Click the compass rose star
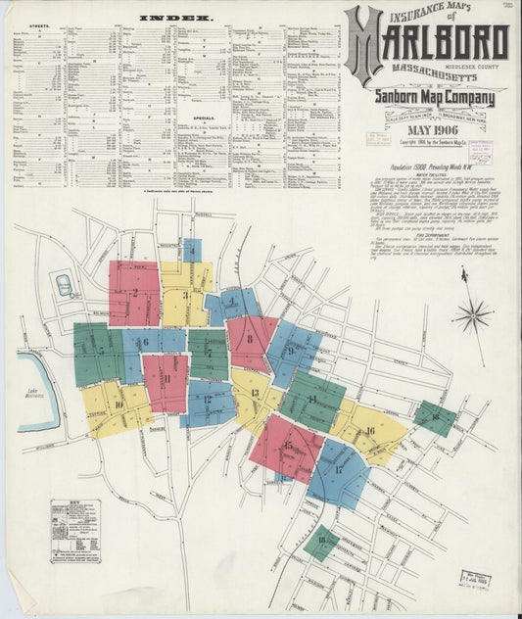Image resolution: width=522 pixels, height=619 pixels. [x=472, y=315]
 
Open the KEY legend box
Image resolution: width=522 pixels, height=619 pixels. [x=74, y=530]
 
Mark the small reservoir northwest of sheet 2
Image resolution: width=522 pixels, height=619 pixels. [x=64, y=286]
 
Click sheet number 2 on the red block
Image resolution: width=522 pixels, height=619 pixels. [x=134, y=292]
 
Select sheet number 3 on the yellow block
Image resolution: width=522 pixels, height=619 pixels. [x=184, y=294]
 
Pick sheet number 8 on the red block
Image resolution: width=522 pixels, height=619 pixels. [x=251, y=339]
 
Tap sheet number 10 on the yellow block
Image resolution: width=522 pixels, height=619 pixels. [x=119, y=404]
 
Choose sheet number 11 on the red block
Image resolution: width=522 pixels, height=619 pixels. [x=166, y=378]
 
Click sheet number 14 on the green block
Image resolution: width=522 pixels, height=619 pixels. [x=311, y=399]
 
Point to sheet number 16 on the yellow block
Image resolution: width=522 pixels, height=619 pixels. [x=370, y=430]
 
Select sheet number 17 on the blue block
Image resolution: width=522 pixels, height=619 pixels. [x=339, y=469]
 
